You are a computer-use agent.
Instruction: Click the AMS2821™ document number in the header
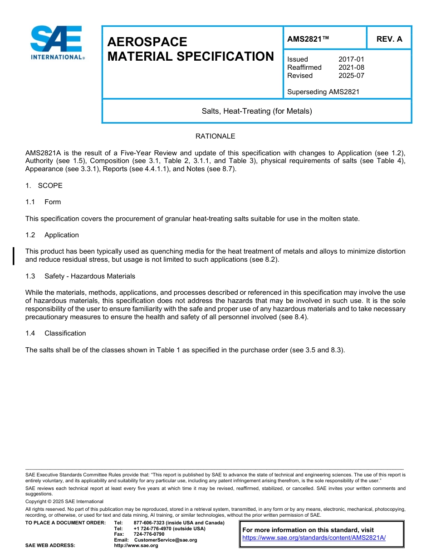click(x=308, y=39)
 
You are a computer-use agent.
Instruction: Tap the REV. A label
click(x=389, y=39)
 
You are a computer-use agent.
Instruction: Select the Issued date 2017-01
click(x=351, y=59)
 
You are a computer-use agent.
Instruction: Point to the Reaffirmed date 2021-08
click(x=351, y=67)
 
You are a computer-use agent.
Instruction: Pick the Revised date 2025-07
click(x=351, y=76)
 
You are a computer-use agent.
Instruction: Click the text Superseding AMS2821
click(x=323, y=92)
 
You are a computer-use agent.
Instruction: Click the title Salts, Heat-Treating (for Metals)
click(x=257, y=111)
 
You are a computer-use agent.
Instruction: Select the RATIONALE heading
click(x=215, y=136)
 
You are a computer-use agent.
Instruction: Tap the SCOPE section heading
click(x=50, y=186)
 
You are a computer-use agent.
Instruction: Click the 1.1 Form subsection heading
click(x=53, y=202)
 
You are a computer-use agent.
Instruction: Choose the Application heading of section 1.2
click(x=62, y=235)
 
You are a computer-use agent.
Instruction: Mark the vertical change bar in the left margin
click(x=14, y=256)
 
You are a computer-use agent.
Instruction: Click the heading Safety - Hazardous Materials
click(x=90, y=276)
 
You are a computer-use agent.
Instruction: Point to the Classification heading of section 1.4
click(x=65, y=333)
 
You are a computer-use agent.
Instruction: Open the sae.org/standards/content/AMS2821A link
click(x=314, y=538)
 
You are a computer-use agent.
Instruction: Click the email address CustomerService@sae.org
click(x=166, y=540)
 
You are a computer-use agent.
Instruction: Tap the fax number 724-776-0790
click(x=149, y=534)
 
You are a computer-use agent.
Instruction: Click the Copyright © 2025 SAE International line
click(x=64, y=501)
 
